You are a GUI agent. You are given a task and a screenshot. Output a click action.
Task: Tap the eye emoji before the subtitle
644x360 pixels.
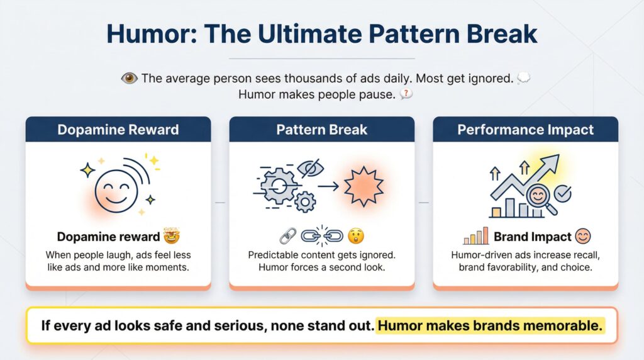click(129, 78)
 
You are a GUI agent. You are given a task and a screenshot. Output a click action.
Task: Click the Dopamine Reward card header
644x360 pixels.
click(118, 130)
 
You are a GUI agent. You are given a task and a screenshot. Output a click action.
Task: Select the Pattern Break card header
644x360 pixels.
click(322, 130)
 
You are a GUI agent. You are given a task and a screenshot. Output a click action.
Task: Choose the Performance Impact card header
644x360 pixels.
click(526, 130)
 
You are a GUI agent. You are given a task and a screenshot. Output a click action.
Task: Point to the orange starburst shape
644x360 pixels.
click(364, 186)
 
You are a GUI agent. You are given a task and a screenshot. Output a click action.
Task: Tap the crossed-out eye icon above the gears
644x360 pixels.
click(311, 168)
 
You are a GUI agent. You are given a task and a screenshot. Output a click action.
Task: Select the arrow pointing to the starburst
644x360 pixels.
click(328, 186)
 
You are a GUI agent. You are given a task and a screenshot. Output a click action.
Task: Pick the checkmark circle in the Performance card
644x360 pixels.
click(562, 193)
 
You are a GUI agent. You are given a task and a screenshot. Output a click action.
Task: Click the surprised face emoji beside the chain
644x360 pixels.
click(356, 236)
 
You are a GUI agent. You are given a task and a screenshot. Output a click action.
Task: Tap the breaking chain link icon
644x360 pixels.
click(322, 235)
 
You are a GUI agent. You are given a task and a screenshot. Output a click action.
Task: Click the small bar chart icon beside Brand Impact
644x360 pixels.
click(475, 236)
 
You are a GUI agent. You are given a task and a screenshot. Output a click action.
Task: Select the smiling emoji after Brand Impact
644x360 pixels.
click(583, 236)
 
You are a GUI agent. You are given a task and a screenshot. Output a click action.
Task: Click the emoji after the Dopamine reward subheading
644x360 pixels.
click(172, 236)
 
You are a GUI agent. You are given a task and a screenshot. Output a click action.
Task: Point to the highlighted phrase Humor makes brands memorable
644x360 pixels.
click(490, 325)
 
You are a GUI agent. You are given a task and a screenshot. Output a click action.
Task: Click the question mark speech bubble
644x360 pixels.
click(406, 94)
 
